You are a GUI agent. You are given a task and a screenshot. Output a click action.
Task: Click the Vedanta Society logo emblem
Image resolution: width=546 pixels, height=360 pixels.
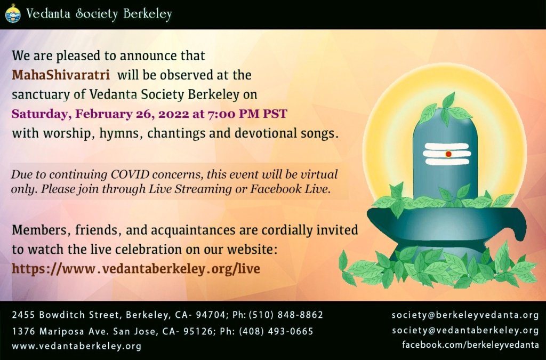coord(13,13)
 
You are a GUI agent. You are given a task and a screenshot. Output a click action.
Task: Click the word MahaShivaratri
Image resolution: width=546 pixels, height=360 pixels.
coord(61,75)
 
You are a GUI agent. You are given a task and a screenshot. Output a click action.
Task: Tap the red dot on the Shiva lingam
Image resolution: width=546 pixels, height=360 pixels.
coord(448,154)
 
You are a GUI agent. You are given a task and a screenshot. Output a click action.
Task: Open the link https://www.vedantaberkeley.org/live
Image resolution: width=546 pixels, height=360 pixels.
coord(136,268)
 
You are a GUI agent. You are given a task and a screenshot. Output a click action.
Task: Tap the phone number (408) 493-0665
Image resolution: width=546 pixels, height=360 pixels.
coord(276,331)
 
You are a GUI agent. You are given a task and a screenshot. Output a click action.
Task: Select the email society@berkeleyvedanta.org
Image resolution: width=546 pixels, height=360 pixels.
coord(465,315)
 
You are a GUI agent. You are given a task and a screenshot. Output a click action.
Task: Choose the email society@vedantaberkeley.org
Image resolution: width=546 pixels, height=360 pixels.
coord(465,330)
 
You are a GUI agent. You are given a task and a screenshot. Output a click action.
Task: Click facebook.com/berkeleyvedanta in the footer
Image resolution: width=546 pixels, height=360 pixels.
coord(470,345)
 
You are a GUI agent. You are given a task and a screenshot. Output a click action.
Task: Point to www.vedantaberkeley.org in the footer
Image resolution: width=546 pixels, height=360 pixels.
coord(77,346)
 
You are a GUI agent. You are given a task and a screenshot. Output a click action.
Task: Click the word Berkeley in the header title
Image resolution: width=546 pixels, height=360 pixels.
coord(148,14)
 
